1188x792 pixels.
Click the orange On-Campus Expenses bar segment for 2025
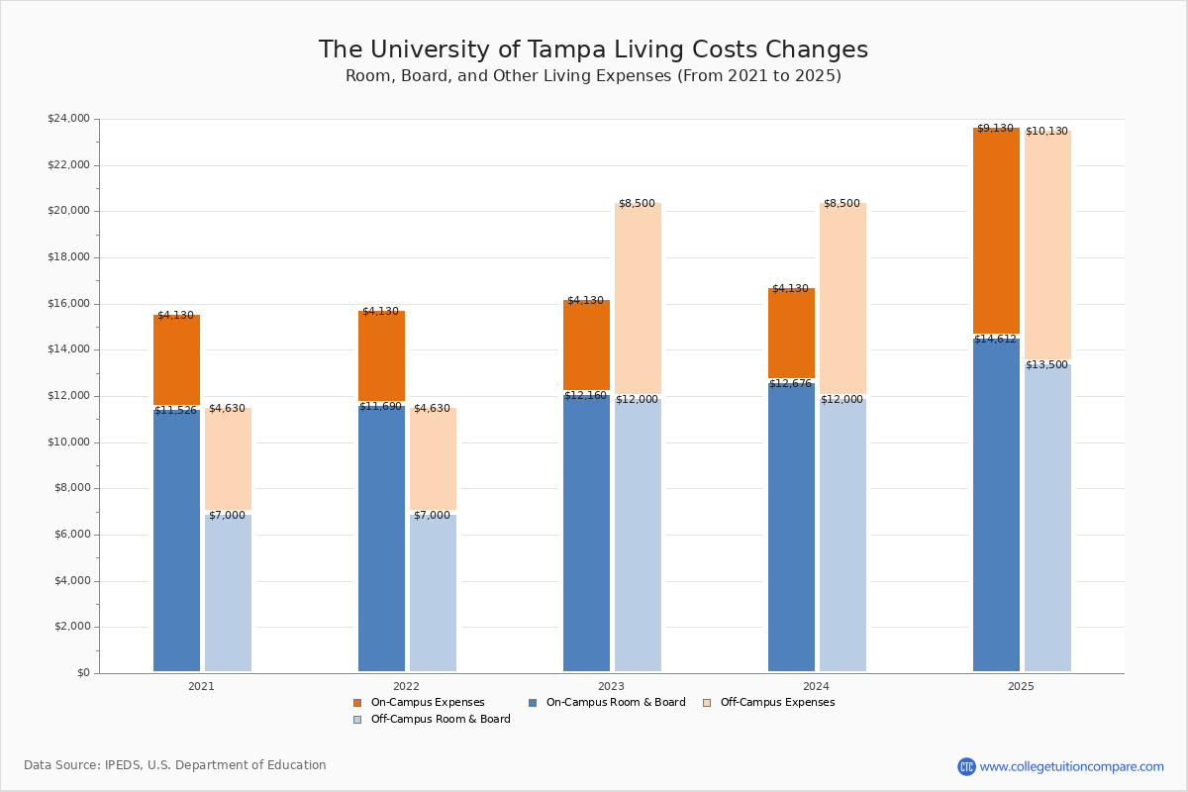coord(996,231)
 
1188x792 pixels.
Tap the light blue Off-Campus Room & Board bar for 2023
coord(638,535)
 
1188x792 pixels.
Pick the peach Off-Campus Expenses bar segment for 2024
coord(842,297)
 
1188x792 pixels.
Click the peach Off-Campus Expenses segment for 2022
coord(433,459)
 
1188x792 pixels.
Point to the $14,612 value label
coord(995,340)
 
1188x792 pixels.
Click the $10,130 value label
coord(1046,132)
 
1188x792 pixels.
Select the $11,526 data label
coord(175,411)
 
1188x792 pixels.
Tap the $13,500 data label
coord(1046,365)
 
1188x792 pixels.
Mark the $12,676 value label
coord(790,384)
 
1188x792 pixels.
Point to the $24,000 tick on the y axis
coord(68,119)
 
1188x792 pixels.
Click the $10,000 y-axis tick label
coord(68,443)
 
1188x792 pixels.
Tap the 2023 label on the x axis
coord(611,686)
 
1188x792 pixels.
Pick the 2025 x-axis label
coord(1021,686)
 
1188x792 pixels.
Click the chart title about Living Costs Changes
coord(593,50)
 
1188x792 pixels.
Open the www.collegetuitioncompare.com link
coord(1071,766)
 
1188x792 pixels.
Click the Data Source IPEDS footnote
coord(175,765)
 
